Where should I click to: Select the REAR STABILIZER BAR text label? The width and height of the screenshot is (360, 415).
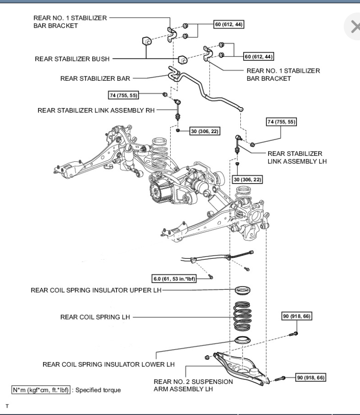tap(95, 78)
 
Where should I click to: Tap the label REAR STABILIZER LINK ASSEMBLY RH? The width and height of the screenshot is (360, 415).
tap(96, 110)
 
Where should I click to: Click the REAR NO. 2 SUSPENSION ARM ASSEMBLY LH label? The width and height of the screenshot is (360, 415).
tap(193, 385)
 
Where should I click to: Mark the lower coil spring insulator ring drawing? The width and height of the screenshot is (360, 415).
tap(243, 341)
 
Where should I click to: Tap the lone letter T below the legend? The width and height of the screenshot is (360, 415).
tap(6, 405)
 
